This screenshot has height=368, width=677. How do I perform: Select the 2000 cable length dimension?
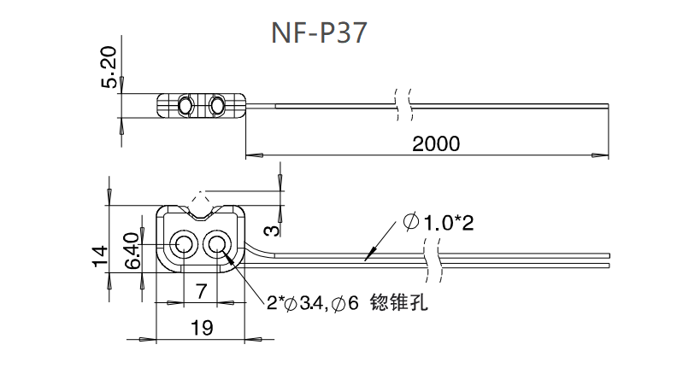[x=435, y=143]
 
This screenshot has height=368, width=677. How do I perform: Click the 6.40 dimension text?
[x=132, y=250]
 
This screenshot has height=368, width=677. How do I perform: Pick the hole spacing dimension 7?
[x=201, y=290]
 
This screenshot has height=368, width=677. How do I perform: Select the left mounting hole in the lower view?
[x=183, y=246]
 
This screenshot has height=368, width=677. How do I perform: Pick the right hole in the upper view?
[x=217, y=105]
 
